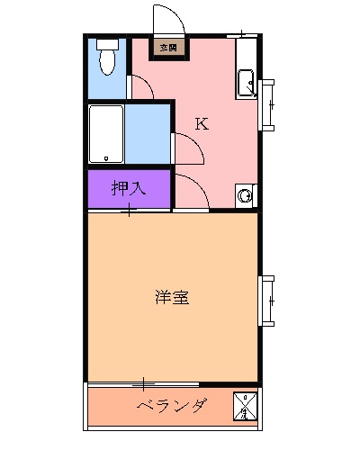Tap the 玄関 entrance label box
[168, 47]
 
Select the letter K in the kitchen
[202, 124]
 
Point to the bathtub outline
[106, 134]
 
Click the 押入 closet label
[129, 189]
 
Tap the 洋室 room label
[171, 297]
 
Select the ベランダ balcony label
[173, 405]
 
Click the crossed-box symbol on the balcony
[246, 406]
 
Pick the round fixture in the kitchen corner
[244, 193]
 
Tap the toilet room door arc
[141, 87]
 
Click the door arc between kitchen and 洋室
[192, 191]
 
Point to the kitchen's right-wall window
[267, 104]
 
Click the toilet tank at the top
[107, 42]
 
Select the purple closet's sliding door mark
[130, 211]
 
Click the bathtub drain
[105, 158]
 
